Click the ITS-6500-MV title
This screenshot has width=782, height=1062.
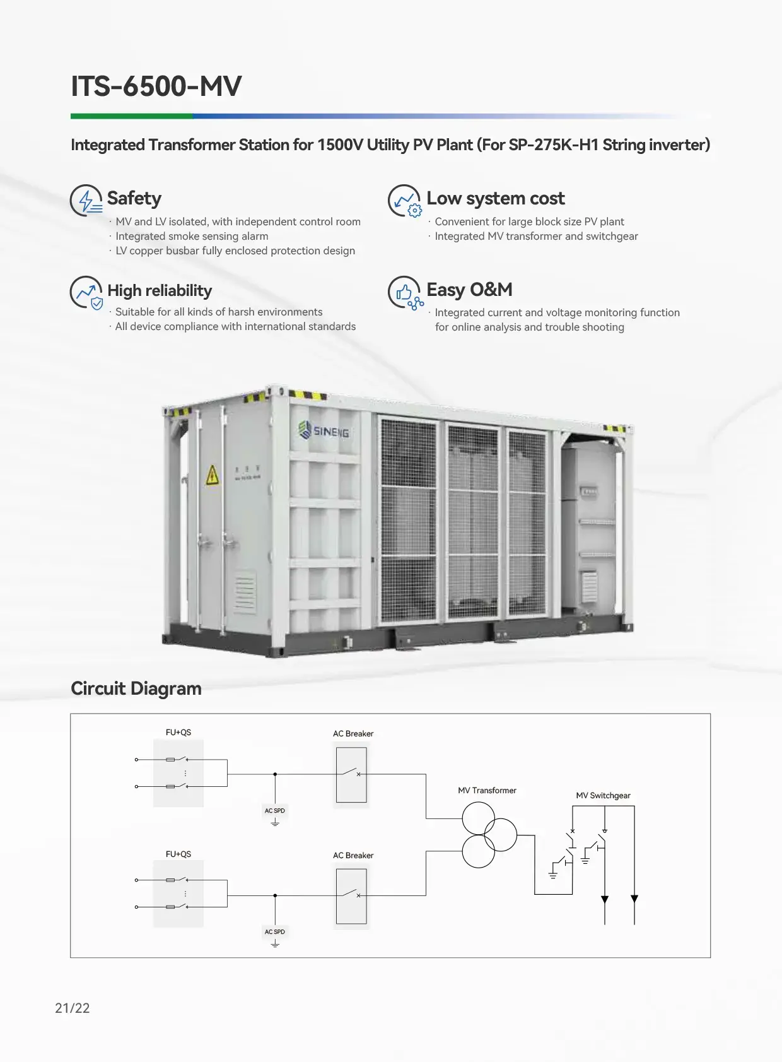(156, 86)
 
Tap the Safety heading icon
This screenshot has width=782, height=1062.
(86, 200)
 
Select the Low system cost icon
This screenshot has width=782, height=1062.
(404, 201)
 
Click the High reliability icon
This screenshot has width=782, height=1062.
(86, 292)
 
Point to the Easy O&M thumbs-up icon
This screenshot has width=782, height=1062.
(404, 292)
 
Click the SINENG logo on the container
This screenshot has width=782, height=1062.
(324, 431)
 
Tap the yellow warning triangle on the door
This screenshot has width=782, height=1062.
(213, 475)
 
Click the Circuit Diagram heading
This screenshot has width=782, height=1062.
(136, 688)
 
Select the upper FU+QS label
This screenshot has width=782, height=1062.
(178, 733)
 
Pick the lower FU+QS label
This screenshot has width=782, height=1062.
(178, 854)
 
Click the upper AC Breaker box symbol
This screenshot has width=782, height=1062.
(351, 775)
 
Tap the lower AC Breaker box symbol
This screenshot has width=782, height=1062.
(351, 896)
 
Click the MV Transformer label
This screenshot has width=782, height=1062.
(487, 791)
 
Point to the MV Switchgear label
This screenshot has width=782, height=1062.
(603, 796)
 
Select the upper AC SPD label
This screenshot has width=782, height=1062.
(275, 811)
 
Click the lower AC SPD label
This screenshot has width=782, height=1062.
(275, 932)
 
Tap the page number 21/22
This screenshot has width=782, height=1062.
(73, 1008)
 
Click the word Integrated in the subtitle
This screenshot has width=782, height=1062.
(108, 145)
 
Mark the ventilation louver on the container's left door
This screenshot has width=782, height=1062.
(245, 593)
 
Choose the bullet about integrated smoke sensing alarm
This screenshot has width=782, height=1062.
(192, 236)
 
